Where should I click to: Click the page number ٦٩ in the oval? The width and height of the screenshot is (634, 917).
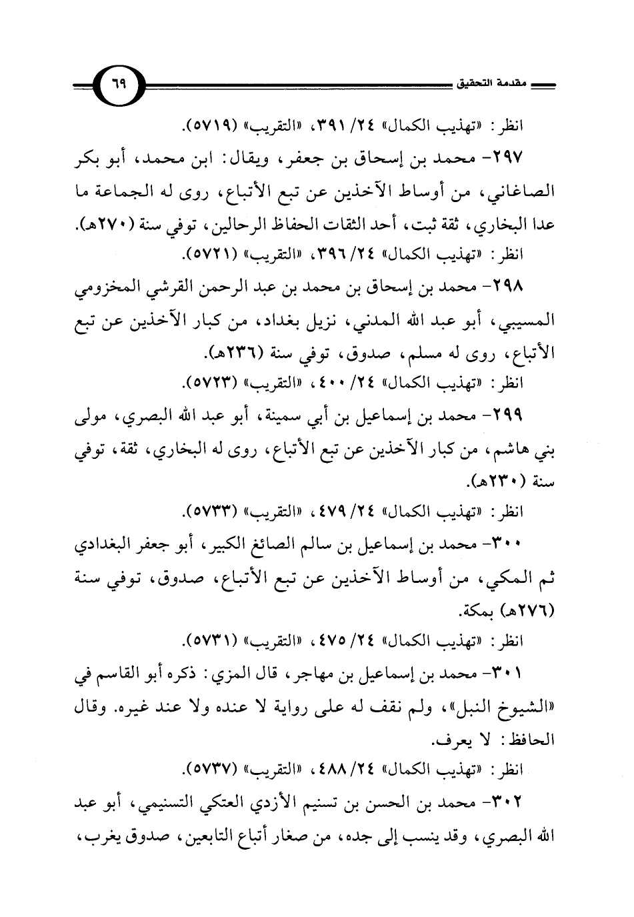119,87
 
